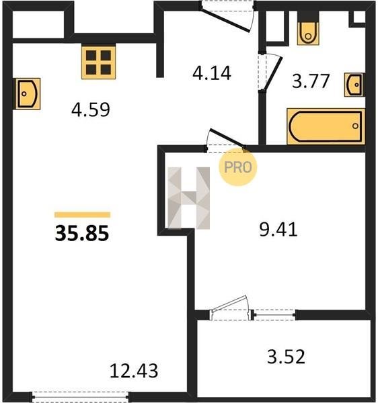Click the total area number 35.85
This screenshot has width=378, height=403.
click(x=82, y=233)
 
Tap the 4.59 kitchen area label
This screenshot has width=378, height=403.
click(x=91, y=109)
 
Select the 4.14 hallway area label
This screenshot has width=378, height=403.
click(x=212, y=73)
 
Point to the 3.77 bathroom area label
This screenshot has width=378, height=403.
click(x=311, y=81)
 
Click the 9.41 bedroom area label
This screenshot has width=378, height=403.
click(x=278, y=230)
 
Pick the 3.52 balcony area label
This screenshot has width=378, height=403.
click(x=286, y=357)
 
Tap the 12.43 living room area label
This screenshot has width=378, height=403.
click(x=134, y=371)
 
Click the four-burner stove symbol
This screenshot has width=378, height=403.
click(x=99, y=62)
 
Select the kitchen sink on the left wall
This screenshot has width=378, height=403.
click(x=28, y=94)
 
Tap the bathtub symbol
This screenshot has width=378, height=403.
click(x=326, y=126)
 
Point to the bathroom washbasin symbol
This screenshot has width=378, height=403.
click(x=354, y=85)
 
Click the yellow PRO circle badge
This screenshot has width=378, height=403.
click(x=237, y=167)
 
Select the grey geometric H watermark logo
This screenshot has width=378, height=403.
click(x=188, y=198)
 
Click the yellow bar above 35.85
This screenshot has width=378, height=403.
click(x=82, y=215)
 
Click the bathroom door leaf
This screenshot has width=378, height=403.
click(x=272, y=73)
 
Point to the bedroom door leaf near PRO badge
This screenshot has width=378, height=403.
click(x=227, y=138)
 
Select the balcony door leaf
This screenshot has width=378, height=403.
click(x=229, y=304)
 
